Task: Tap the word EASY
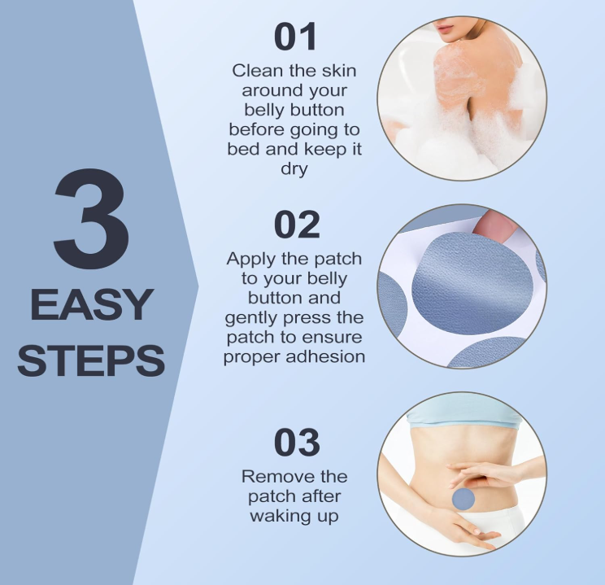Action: click(x=91, y=304)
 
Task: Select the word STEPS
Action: click(x=91, y=360)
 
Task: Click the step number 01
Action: click(x=295, y=37)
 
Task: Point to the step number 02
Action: click(x=297, y=225)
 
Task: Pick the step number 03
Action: click(x=297, y=443)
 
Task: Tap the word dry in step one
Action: click(x=294, y=169)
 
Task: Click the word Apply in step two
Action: click(x=251, y=260)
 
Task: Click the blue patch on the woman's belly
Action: click(x=463, y=499)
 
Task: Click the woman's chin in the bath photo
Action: click(x=447, y=38)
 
